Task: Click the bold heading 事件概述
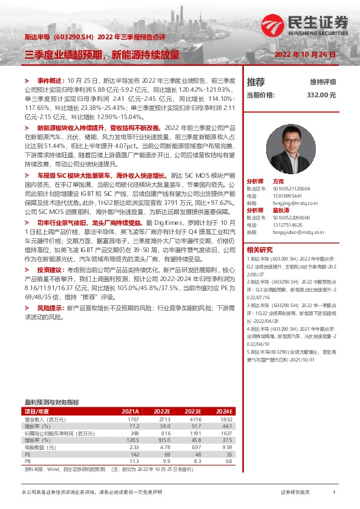click(x=50, y=80)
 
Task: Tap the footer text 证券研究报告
click(x=295, y=493)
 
